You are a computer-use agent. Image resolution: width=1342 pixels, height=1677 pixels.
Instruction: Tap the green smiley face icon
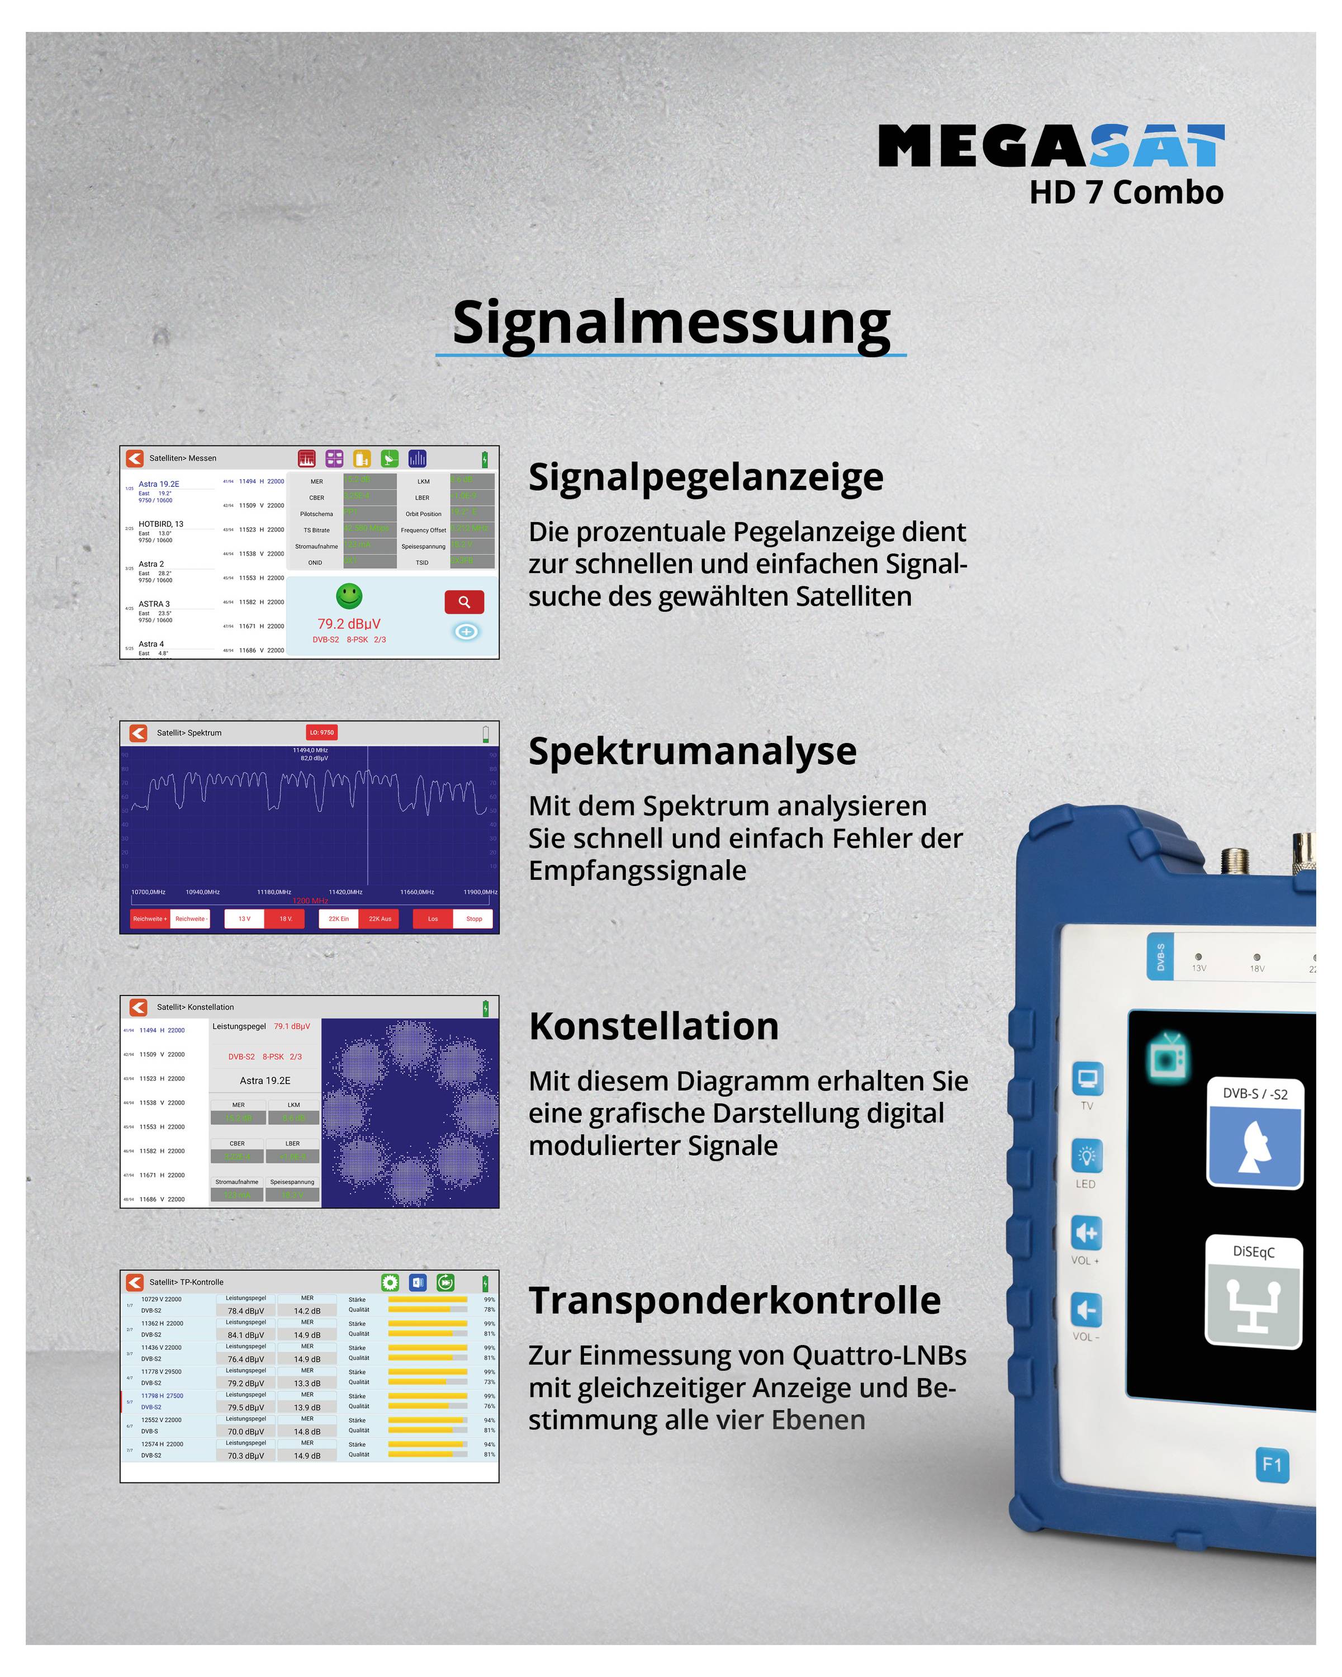[349, 596]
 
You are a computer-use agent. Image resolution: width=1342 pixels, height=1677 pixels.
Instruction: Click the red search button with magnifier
[464, 602]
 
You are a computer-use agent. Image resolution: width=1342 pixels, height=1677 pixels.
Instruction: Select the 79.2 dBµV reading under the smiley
[349, 624]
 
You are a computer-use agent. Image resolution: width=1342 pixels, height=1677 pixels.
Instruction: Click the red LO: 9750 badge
[321, 732]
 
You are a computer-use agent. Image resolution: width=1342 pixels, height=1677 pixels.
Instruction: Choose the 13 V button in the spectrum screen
[244, 918]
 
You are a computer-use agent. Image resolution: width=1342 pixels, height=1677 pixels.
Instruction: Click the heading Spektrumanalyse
[692, 751]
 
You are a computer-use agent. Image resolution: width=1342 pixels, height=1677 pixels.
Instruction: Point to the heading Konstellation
[653, 1026]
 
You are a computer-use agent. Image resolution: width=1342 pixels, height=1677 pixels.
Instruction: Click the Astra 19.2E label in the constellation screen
[265, 1081]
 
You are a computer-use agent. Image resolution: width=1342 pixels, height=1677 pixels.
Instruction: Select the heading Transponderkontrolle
[734, 1301]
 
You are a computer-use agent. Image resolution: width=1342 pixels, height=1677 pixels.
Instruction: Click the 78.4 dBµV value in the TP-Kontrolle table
[246, 1311]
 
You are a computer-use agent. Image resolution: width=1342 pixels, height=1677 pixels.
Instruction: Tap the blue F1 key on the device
[1272, 1466]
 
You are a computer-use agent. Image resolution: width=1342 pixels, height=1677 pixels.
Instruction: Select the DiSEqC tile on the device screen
[1253, 1292]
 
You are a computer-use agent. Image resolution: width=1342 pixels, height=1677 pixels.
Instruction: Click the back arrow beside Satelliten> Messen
[135, 458]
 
